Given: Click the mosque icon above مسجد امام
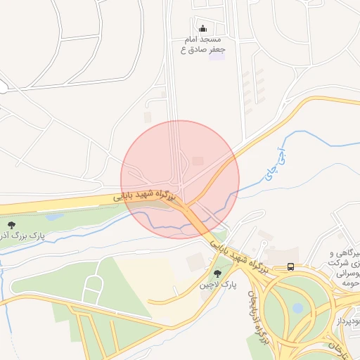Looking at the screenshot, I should (x=203, y=29).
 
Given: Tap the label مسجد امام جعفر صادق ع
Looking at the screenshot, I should (x=203, y=44).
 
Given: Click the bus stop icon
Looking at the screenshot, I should (x=291, y=266).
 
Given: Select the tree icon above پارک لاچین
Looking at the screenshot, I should (x=216, y=273).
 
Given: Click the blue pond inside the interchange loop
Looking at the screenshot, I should (x=297, y=308).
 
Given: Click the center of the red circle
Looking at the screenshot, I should (x=180, y=179).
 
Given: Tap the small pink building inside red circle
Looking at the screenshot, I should (x=198, y=161).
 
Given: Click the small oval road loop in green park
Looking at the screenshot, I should (x=92, y=288).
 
